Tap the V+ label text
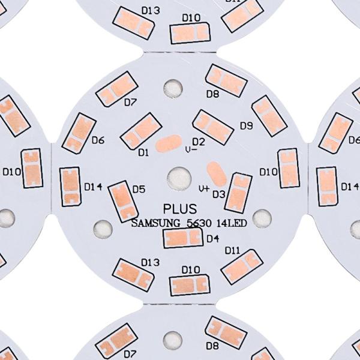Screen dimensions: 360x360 204,188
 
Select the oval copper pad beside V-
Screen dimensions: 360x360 169,144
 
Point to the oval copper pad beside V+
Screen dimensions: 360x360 217,174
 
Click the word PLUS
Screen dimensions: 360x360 180,209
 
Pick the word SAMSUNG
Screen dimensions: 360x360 155,223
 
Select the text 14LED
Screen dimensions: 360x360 232,223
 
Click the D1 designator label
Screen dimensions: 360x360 143,152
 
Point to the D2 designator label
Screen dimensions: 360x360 199,142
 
